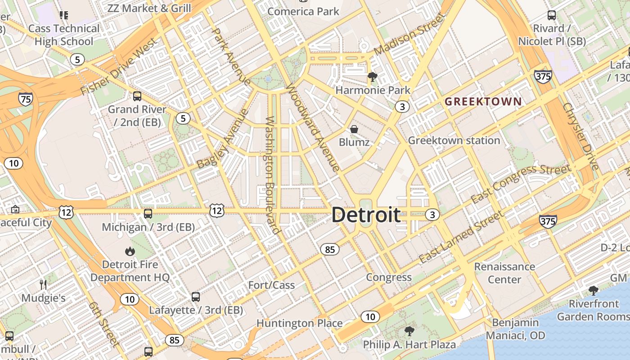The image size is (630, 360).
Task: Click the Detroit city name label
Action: click(x=366, y=215)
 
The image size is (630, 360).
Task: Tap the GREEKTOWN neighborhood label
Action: click(x=483, y=102)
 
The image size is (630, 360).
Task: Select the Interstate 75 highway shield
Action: click(x=26, y=99)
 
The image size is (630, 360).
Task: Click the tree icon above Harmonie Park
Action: click(x=372, y=77)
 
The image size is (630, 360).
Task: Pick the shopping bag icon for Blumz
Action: click(x=354, y=129)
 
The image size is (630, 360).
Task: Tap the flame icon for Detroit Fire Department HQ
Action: click(x=130, y=251)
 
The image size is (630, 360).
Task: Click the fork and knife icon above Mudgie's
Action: click(x=43, y=284)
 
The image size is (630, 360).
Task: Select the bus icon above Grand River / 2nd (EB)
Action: click(x=137, y=96)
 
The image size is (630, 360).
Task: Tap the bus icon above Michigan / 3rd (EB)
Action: click(x=148, y=214)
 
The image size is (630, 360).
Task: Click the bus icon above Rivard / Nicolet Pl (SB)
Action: click(x=552, y=15)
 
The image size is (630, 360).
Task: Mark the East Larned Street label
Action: click(x=462, y=237)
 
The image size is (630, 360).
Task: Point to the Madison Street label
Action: click(x=409, y=34)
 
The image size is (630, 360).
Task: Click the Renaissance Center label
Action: click(x=504, y=273)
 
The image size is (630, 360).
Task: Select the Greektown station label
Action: click(x=454, y=140)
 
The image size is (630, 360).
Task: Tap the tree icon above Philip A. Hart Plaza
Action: click(x=409, y=332)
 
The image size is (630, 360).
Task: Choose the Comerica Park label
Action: click(x=303, y=11)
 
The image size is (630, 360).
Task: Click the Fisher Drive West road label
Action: click(x=119, y=67)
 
